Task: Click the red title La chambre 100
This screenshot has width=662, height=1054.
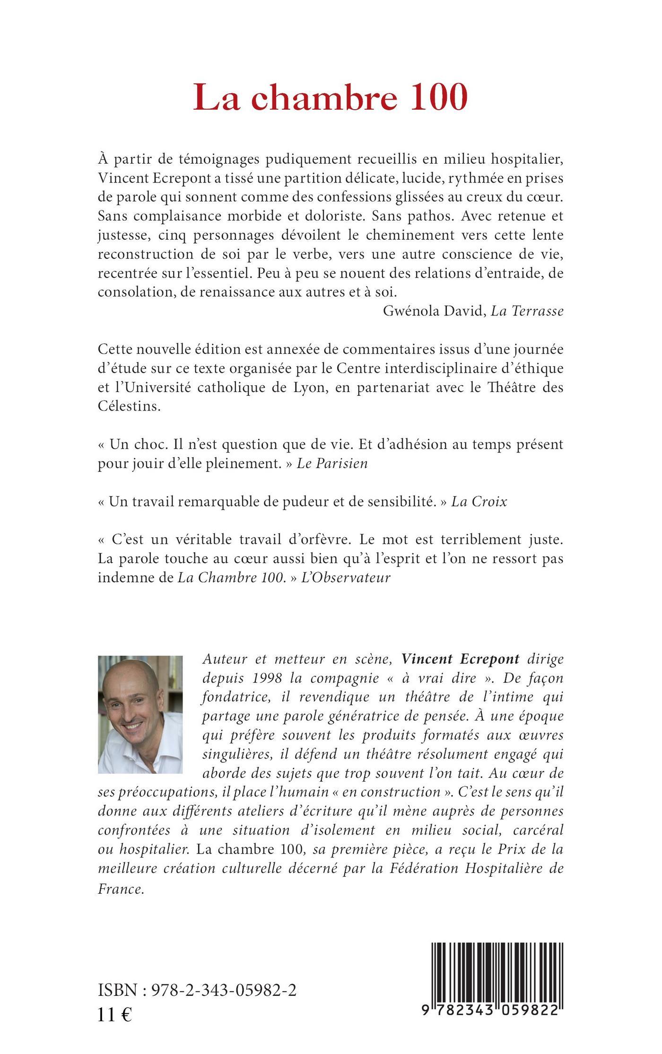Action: [x=331, y=98]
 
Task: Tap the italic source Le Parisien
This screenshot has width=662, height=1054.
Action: [x=332, y=463]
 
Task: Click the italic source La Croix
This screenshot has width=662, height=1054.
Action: [x=479, y=502]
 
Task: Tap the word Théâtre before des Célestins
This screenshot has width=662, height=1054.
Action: [x=514, y=387]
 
